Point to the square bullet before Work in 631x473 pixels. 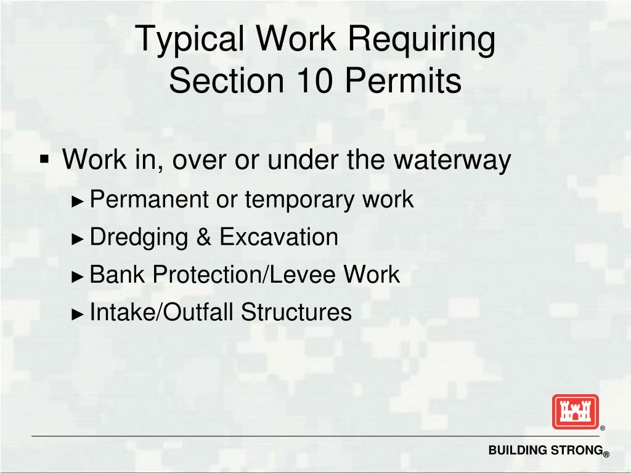pos(44,160)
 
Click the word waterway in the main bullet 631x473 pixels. pos(452,160)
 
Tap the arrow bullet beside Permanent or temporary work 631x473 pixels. pos(78,201)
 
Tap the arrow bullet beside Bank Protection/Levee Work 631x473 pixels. pos(78,276)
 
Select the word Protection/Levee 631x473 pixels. pos(244,275)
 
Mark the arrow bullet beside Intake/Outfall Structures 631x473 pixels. pos(78,313)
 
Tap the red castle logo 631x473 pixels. pos(575,411)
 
